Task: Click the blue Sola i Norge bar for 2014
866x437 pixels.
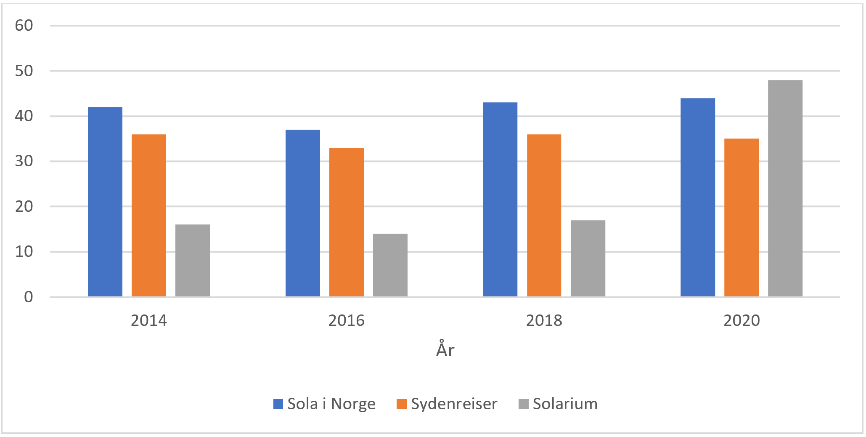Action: [x=105, y=202]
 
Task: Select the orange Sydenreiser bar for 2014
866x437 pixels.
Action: [x=149, y=216]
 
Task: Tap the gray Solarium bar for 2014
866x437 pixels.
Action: [x=193, y=261]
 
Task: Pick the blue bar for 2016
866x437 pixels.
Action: [x=303, y=213]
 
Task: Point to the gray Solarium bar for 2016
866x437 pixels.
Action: [x=390, y=265]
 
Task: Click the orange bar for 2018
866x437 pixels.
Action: [x=544, y=216]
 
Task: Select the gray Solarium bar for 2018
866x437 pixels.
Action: [x=588, y=258]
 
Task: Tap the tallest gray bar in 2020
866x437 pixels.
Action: [x=785, y=188]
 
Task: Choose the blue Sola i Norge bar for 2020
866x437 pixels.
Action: [x=698, y=197]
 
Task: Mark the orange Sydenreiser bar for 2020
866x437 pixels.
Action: [x=742, y=218]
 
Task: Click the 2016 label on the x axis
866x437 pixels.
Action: [x=346, y=321]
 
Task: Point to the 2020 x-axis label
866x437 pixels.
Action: [x=742, y=321]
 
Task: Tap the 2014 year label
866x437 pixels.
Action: [x=149, y=321]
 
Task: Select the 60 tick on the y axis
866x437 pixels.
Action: [x=24, y=26]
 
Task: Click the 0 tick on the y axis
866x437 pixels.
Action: [x=28, y=297]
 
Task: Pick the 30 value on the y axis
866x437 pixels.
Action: [x=24, y=161]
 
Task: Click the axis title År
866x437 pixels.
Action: [x=445, y=349]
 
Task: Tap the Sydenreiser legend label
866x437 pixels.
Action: [x=454, y=404]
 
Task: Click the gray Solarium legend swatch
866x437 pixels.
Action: [x=523, y=404]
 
